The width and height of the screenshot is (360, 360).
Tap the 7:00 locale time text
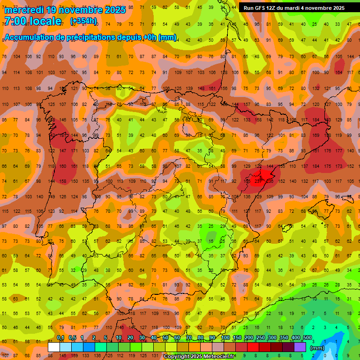[x=32, y=21]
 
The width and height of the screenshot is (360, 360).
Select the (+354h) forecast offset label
[x=84, y=21]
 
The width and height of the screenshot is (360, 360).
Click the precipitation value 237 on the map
[x=258, y=181]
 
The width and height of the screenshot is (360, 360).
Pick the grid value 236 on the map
[x=270, y=181]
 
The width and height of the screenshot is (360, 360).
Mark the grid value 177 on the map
[x=339, y=150]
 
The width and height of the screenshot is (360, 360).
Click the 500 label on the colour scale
[x=307, y=338]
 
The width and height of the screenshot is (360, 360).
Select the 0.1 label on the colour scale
[x=60, y=338]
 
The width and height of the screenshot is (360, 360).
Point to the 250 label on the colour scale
[x=260, y=338]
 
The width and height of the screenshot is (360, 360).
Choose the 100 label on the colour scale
[x=225, y=338]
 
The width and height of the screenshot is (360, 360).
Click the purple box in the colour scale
[x=300, y=347]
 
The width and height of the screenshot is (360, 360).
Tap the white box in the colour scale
[x=54, y=347]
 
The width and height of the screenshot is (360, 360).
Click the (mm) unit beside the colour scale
[x=317, y=347]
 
